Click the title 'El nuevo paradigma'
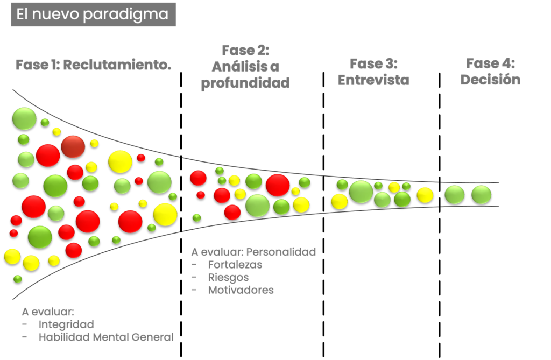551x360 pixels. [x=93, y=15]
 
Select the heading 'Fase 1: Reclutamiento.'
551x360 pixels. [x=93, y=66]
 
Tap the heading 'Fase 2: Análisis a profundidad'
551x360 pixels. [x=245, y=67]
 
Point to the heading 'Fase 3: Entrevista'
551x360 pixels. [x=373, y=72]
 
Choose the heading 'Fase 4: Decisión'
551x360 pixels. [x=490, y=72]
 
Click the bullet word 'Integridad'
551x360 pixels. [x=66, y=324]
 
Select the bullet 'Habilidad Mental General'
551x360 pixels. [x=107, y=337]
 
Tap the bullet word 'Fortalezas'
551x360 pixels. [x=235, y=265]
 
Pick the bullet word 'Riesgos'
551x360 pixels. [x=228, y=278]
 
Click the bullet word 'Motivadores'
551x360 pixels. [x=241, y=291]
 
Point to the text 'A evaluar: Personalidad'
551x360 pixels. [x=253, y=252]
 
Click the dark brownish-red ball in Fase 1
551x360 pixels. [x=73, y=146]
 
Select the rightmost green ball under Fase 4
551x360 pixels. [x=481, y=194]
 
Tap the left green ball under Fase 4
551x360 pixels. [x=455, y=194]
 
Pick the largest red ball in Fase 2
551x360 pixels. [x=278, y=185]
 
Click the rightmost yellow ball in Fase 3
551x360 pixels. [x=425, y=195]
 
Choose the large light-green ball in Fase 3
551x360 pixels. [x=361, y=192]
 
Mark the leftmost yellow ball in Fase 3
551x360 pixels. [x=339, y=201]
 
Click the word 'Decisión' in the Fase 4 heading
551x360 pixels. [x=490, y=80]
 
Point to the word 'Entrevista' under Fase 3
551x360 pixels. [x=373, y=80]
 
